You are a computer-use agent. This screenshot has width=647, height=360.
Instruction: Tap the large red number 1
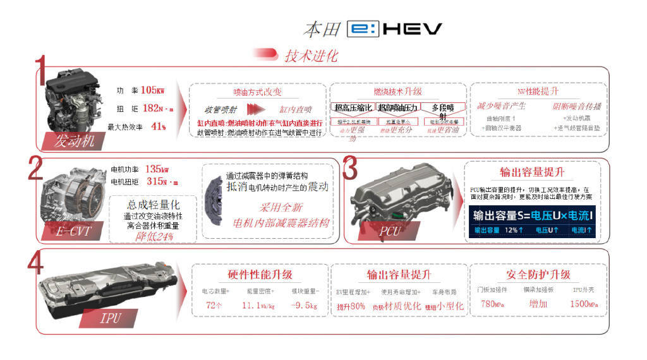coord(41,71)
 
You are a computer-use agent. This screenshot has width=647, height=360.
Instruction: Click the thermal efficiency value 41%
coord(159,126)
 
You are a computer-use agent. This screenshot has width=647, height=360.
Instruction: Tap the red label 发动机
coord(74,140)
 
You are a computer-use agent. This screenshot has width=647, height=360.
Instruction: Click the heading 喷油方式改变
coord(258,92)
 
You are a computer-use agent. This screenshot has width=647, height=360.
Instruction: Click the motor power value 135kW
coord(157,169)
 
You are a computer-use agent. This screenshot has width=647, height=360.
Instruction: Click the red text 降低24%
coord(150,237)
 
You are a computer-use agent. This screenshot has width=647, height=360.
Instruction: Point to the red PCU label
coord(389,231)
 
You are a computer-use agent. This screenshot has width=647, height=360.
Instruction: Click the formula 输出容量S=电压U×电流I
coord(533,215)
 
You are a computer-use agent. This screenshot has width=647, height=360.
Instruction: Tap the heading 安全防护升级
coord(538,275)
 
